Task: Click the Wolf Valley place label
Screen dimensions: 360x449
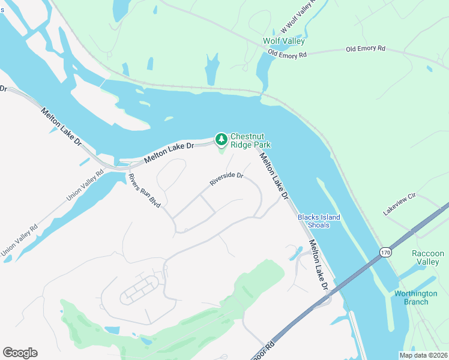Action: pyautogui.click(x=284, y=41)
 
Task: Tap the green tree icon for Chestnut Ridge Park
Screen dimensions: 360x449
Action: pyautogui.click(x=221, y=140)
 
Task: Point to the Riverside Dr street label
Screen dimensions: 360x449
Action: pyautogui.click(x=226, y=179)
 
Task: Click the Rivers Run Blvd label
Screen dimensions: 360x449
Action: pyautogui.click(x=145, y=191)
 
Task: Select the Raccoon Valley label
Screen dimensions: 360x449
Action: pyautogui.click(x=428, y=258)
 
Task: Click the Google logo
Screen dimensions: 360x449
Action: pyautogui.click(x=20, y=353)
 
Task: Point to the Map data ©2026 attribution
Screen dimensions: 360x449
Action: pyautogui.click(x=423, y=355)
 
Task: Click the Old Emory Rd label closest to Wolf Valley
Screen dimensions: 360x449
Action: pyautogui.click(x=288, y=54)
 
